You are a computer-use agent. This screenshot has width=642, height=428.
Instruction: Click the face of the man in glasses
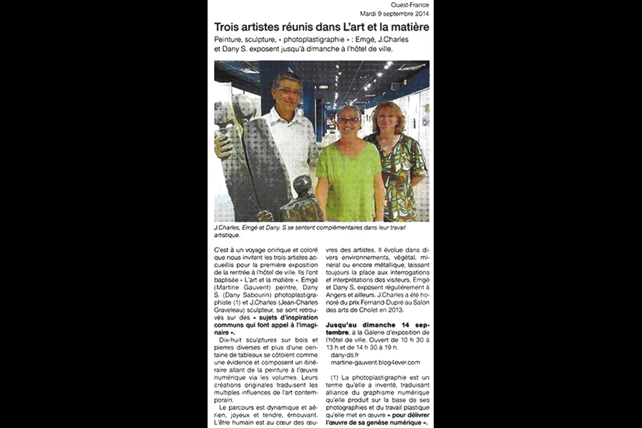click(x=289, y=91)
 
